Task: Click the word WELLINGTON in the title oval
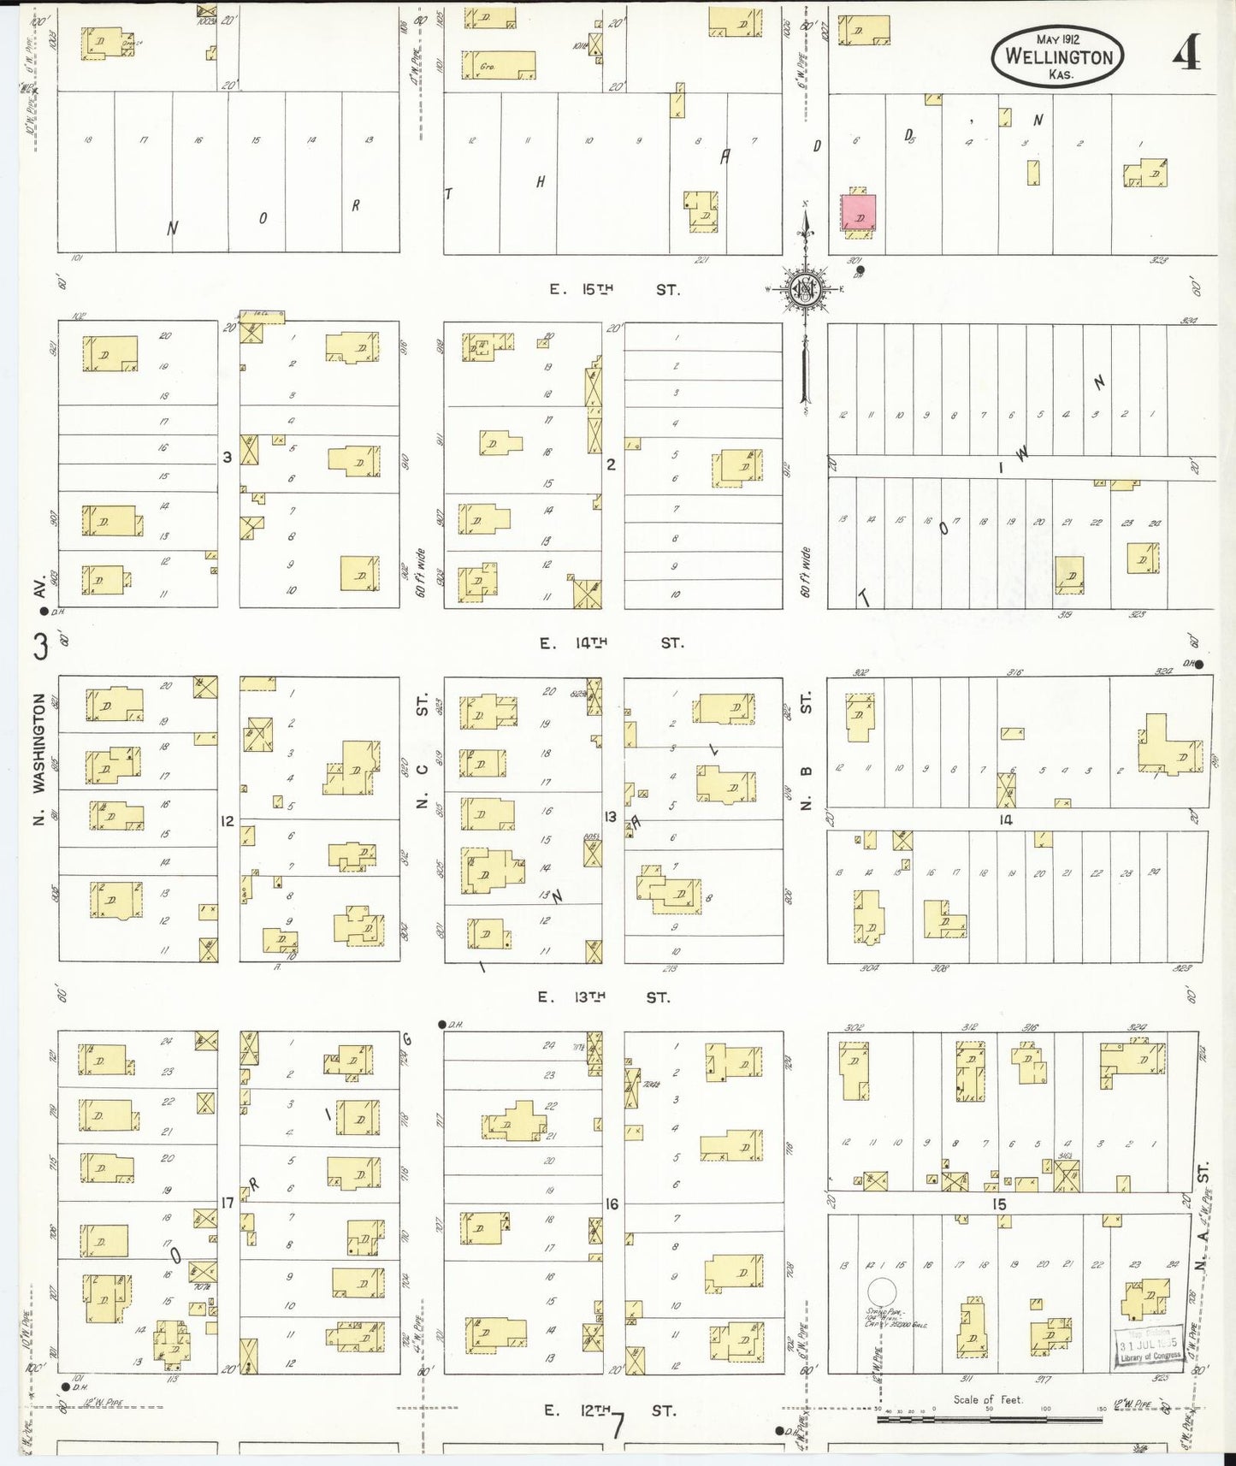point(1059,57)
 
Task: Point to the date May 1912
point(1058,39)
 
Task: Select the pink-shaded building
point(859,212)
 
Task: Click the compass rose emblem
point(805,289)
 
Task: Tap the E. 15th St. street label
point(615,290)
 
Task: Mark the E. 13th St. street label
point(605,997)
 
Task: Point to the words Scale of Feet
point(988,1400)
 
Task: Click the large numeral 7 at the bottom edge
point(618,1427)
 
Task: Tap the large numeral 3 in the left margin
point(40,647)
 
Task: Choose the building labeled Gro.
point(499,65)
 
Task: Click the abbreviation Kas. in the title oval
point(1061,74)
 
